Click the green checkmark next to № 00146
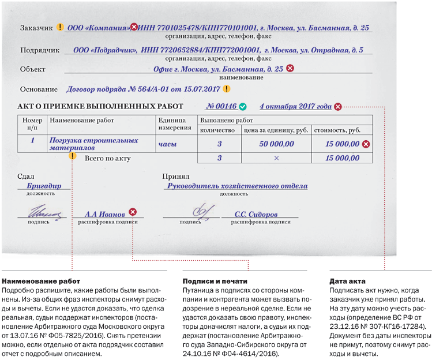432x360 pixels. click(243, 107)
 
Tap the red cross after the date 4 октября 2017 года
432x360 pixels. click(338, 107)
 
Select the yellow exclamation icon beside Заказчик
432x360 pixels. click(59, 27)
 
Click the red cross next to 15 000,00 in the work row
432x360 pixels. click(366, 143)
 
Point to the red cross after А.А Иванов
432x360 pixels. click(133, 212)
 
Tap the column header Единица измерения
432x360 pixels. click(175, 124)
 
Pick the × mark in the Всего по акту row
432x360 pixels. click(276, 158)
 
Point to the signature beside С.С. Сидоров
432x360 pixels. click(202, 212)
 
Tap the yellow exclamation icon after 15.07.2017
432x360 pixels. click(227, 89)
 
